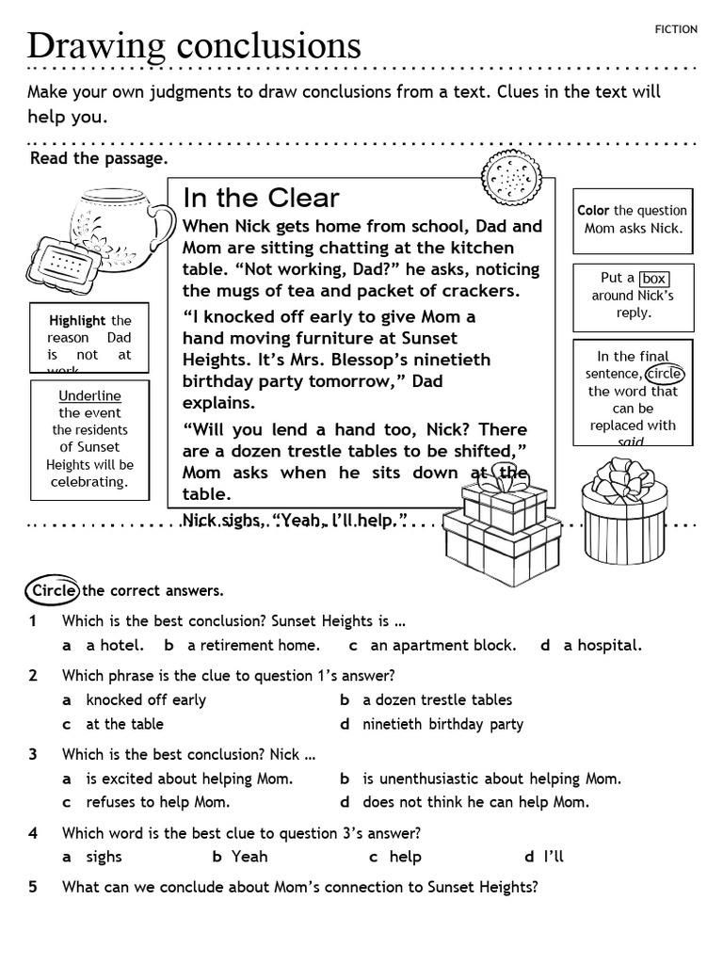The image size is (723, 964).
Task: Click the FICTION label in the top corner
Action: click(x=676, y=29)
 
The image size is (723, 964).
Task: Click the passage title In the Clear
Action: click(x=261, y=198)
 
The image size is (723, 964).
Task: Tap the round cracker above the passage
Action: click(x=512, y=176)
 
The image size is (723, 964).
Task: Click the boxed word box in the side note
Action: click(x=653, y=279)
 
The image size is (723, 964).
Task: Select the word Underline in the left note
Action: click(x=89, y=395)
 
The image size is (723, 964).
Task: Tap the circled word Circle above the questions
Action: click(x=53, y=591)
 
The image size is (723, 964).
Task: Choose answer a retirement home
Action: click(x=253, y=646)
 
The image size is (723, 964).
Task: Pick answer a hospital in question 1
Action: click(x=602, y=646)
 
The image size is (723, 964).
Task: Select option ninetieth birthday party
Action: click(x=442, y=724)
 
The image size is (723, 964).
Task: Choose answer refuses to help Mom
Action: click(x=157, y=803)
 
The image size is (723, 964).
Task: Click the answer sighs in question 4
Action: click(x=104, y=857)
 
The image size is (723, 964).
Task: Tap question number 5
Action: click(x=33, y=887)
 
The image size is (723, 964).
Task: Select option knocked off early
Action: click(x=145, y=700)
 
